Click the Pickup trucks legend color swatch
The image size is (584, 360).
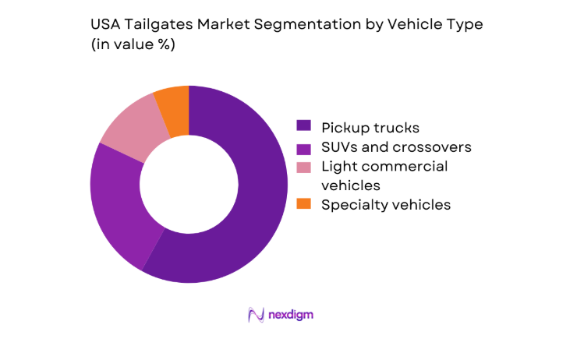point(303,125)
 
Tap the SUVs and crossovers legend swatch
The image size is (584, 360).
point(303,146)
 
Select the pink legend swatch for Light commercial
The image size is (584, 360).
point(303,166)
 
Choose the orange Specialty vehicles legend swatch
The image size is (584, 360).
point(303,205)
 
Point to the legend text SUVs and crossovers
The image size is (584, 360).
point(396,146)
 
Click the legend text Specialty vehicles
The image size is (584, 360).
point(386,205)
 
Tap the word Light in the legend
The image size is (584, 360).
point(337,166)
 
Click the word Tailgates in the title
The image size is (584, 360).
point(156,24)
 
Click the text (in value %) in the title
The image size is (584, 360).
point(133,44)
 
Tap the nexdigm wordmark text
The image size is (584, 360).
point(292,315)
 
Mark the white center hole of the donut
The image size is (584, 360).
point(189,184)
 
